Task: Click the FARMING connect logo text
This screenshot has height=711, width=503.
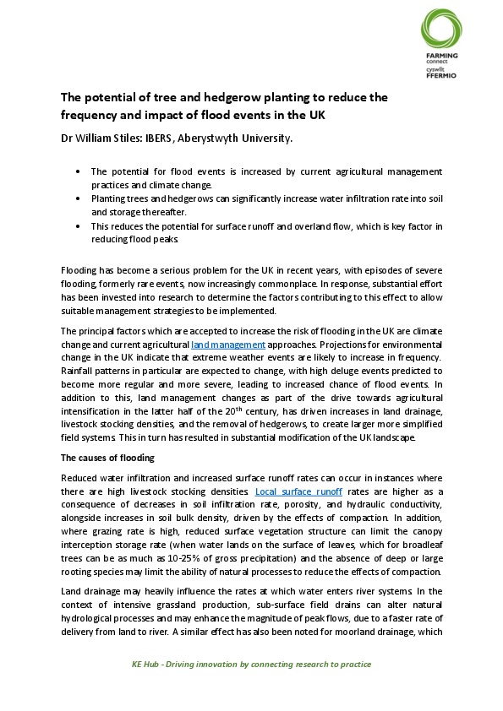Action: click(441, 57)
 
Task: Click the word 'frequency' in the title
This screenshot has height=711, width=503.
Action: click(93, 115)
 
